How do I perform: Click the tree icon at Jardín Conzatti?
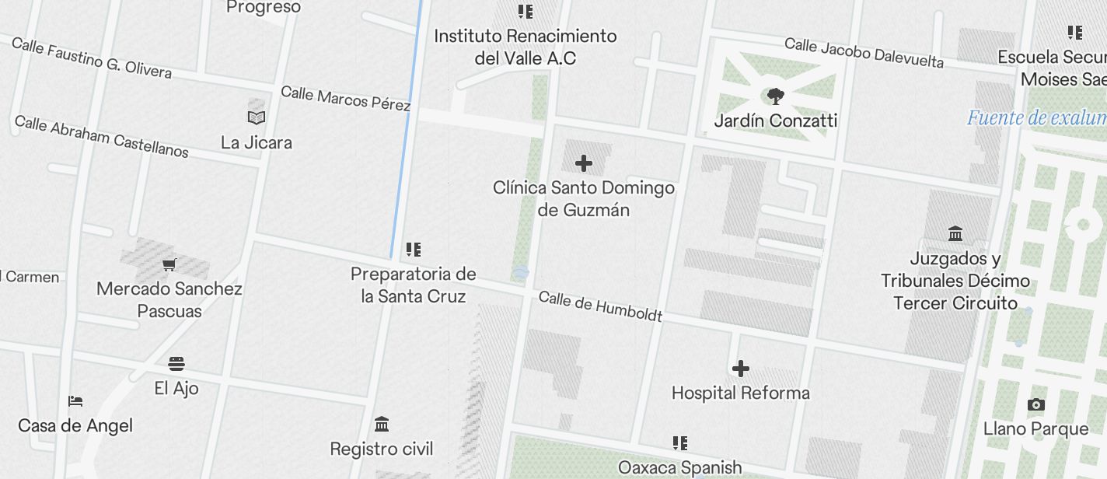point(775,96)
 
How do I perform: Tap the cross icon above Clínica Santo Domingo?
point(583,163)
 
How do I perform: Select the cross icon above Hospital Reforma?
point(741,369)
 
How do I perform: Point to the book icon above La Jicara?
point(257,118)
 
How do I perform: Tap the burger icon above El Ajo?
point(176,364)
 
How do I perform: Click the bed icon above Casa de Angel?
point(75,401)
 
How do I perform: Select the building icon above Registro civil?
point(382,425)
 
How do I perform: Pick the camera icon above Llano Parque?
point(1035,405)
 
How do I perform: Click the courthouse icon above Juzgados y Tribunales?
point(955,233)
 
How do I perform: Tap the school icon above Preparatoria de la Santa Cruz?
point(414,250)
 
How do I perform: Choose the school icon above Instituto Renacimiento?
point(526,12)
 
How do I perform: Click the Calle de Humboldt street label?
point(600,306)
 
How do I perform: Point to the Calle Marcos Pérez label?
point(345,99)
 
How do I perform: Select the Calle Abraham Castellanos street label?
point(101,136)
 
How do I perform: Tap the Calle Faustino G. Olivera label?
point(92,58)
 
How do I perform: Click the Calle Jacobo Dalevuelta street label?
point(864,53)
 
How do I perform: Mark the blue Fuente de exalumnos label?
point(1036,118)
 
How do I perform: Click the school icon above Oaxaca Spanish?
point(680,443)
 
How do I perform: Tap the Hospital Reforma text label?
point(741,393)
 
